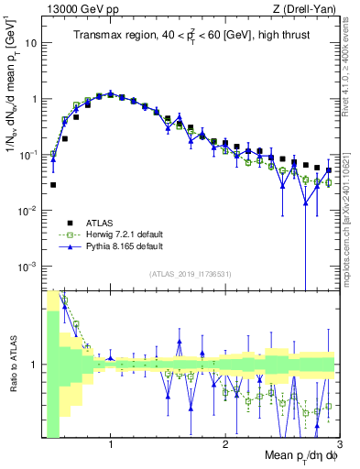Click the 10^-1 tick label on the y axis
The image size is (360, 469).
[x=28, y=155]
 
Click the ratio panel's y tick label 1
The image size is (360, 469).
[x=36, y=365]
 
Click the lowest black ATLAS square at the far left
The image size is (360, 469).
[x=53, y=184]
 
